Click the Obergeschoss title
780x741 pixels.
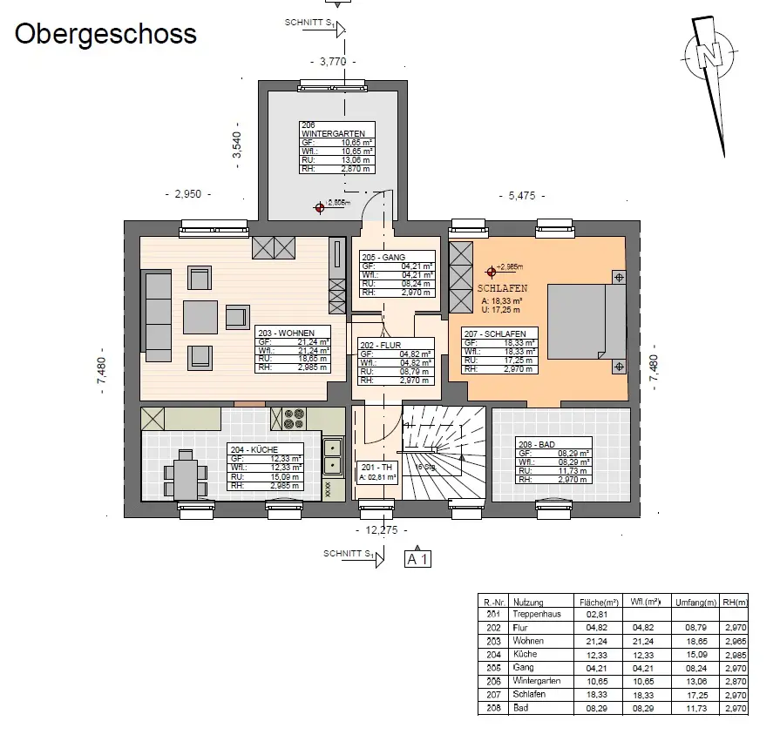click(105, 34)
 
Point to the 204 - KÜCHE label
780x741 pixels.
click(254, 449)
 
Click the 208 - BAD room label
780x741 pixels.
click(536, 445)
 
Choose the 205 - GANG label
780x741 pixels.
click(382, 256)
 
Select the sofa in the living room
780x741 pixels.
click(157, 314)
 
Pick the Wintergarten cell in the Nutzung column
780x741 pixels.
click(539, 680)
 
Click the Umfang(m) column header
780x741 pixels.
click(696, 602)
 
